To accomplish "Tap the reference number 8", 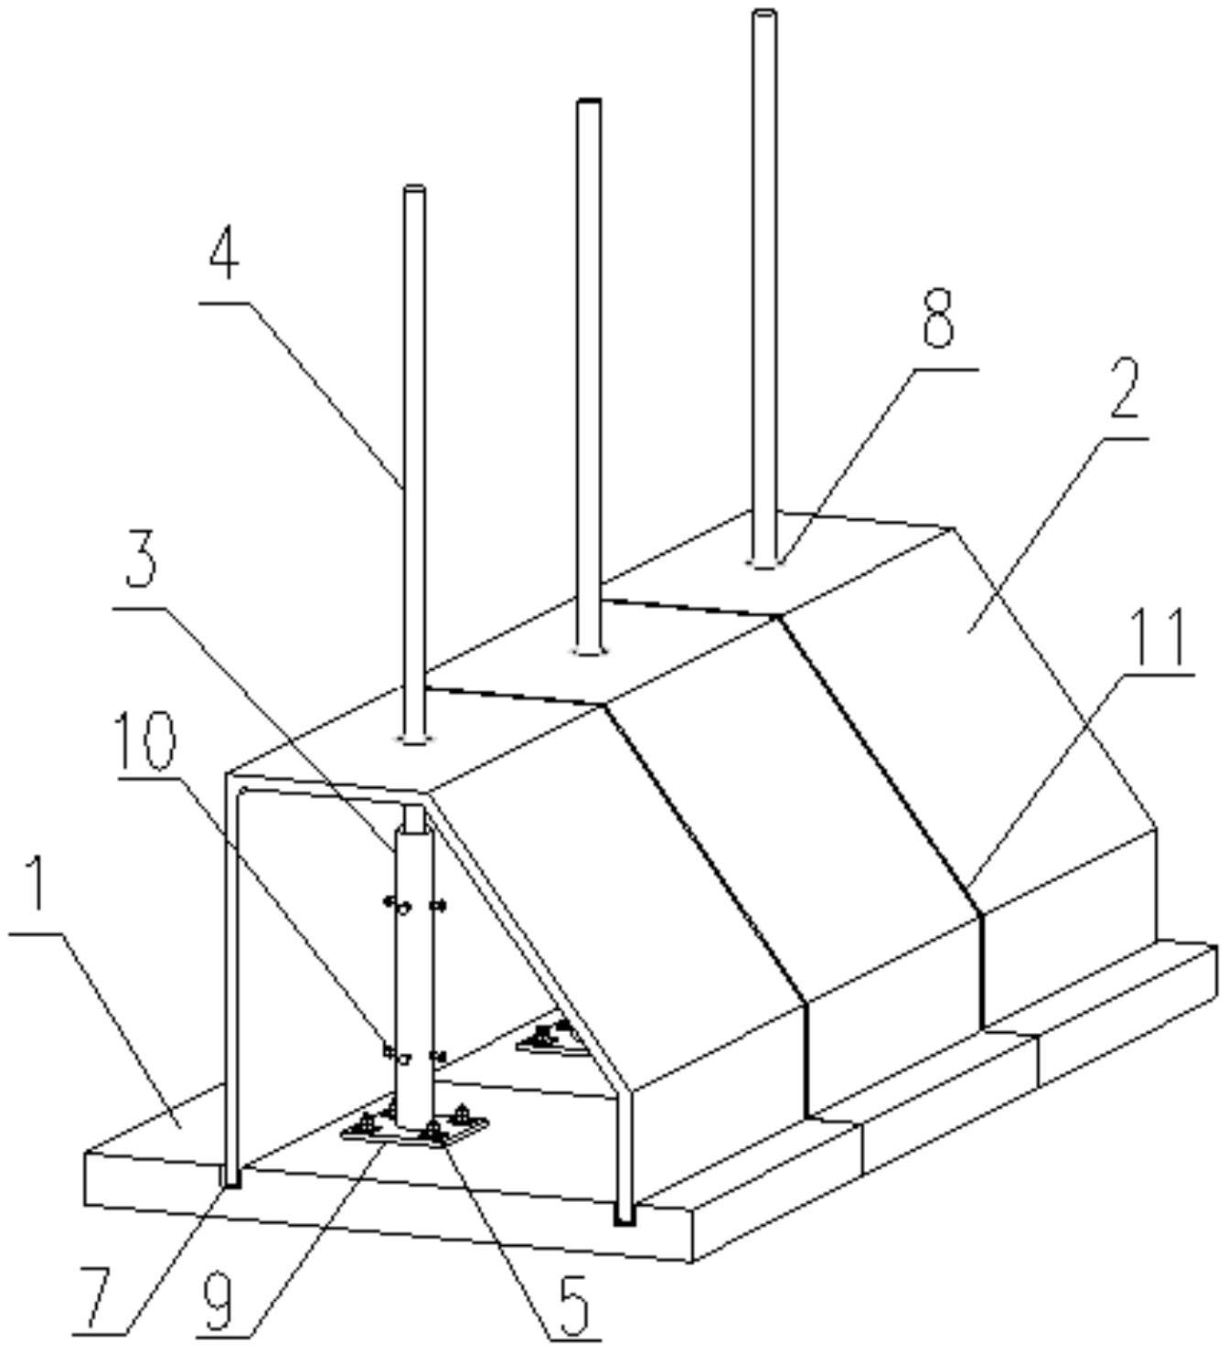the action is click(938, 320).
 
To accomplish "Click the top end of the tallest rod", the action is click(764, 14).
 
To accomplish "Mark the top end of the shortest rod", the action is click(414, 189).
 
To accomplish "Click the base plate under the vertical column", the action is click(414, 1133).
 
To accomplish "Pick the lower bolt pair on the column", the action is click(414, 1056).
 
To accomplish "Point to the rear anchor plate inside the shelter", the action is click(546, 1043).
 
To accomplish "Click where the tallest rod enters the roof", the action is click(764, 562).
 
